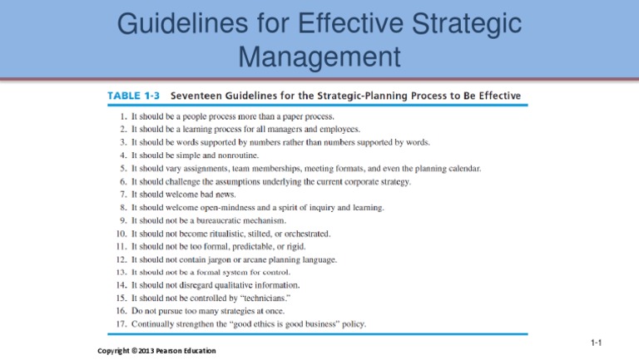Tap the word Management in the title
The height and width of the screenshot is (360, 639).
(x=319, y=57)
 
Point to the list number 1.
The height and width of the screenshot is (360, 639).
(x=123, y=116)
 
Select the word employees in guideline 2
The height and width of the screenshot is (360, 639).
(x=337, y=130)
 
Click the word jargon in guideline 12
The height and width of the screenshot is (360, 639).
(x=226, y=259)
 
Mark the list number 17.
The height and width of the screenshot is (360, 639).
(x=121, y=324)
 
